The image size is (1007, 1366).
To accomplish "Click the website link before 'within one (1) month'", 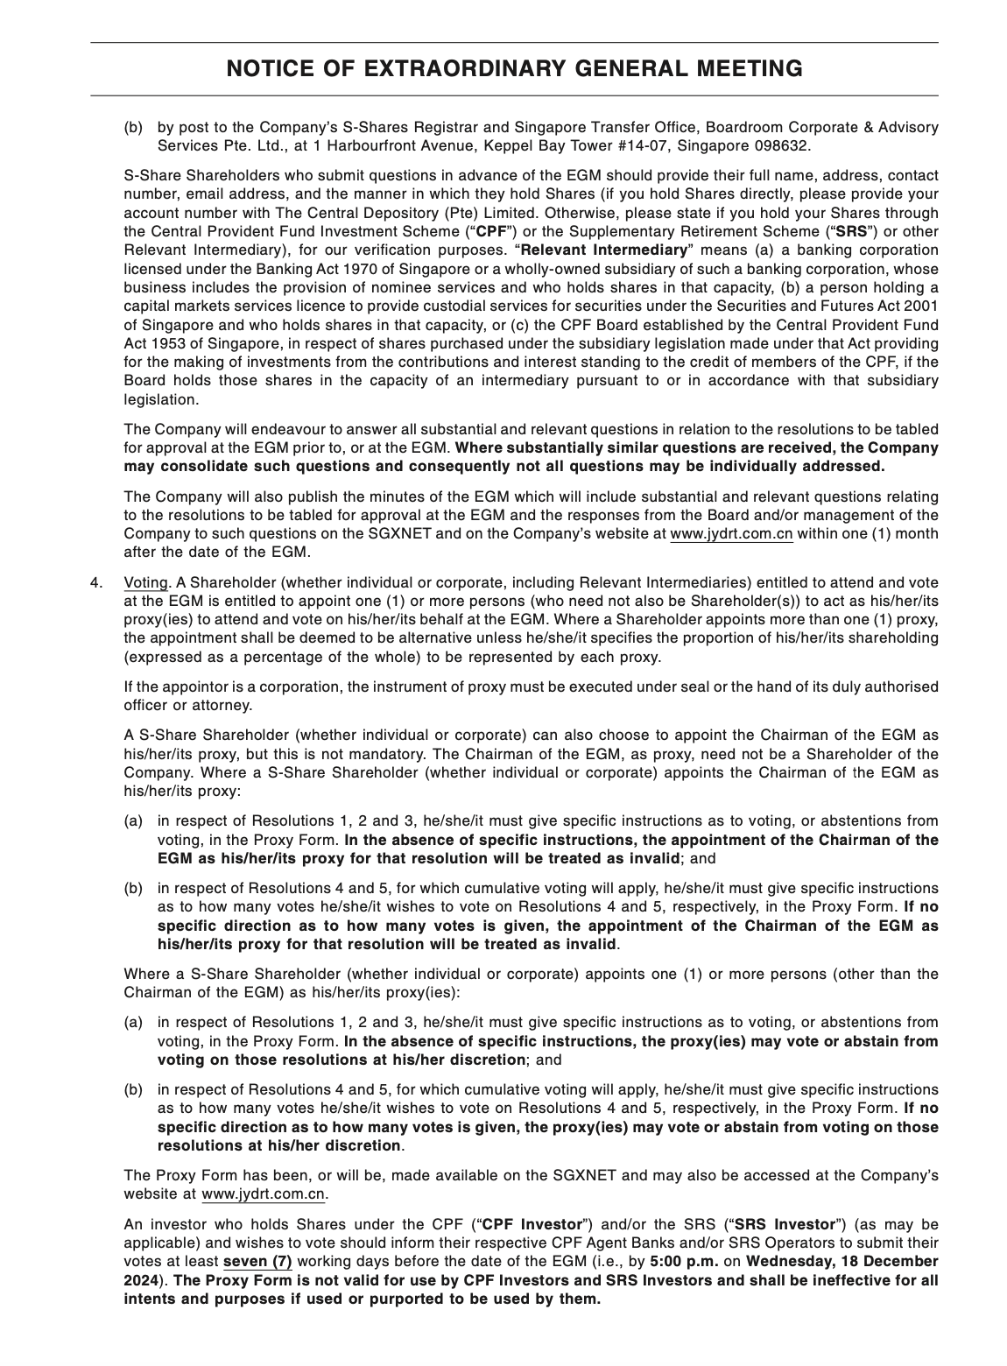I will [x=731, y=534].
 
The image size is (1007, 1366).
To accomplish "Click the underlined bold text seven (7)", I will [x=257, y=1262].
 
